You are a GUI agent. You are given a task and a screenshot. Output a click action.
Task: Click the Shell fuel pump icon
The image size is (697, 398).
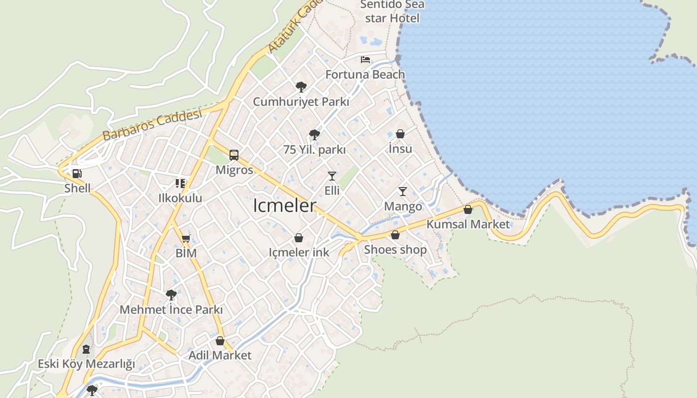point(77,174)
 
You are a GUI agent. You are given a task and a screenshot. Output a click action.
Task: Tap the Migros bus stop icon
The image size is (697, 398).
point(234,155)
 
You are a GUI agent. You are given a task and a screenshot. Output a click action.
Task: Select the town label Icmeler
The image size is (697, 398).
point(284,205)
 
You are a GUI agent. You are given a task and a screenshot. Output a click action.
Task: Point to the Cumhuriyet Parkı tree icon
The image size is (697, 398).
point(301,87)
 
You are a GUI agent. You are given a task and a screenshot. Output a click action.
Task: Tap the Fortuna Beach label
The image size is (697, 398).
point(365,75)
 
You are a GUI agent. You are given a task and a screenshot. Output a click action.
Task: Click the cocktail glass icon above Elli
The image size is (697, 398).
point(332,176)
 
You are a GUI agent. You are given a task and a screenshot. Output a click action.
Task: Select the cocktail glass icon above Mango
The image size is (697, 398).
point(402,192)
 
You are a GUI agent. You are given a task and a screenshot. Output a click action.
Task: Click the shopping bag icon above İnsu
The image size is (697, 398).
point(400,134)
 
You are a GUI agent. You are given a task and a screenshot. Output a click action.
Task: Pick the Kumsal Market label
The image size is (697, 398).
point(468,224)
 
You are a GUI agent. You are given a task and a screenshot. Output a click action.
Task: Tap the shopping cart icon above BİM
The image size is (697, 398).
point(186,238)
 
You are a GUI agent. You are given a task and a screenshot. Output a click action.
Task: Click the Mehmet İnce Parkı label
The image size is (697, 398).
point(171,309)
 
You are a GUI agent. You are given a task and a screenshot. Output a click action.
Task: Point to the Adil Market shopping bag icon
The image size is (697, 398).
point(220,341)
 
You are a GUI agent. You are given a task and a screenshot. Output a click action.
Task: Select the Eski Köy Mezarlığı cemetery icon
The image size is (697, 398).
point(86,349)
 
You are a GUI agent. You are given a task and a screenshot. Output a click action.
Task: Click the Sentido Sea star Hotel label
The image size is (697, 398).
point(392,11)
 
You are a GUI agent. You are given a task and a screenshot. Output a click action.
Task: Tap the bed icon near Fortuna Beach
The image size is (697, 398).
point(365,60)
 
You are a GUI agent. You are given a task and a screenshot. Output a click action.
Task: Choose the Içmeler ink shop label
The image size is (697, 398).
point(299,252)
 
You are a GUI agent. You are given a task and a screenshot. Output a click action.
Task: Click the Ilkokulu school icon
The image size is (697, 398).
point(180,183)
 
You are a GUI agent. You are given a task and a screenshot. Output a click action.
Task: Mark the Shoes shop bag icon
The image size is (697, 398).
point(395,235)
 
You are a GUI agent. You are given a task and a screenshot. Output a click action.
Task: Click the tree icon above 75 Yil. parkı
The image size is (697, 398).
point(314,134)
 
